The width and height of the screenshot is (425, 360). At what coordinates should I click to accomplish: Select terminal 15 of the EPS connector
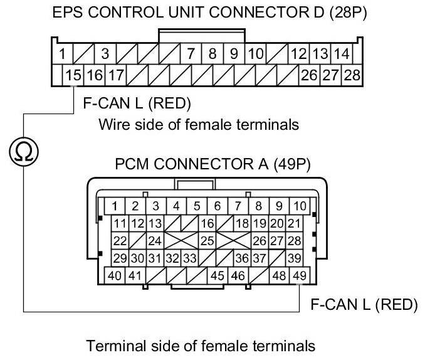coord(73,76)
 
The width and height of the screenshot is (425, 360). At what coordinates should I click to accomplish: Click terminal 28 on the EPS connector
coord(352,76)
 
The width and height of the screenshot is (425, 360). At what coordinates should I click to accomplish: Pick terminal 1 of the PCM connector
coord(115,205)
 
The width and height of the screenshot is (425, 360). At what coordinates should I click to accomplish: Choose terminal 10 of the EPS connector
coord(255,54)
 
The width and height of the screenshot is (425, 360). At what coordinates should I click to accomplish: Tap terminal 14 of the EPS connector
coord(342,54)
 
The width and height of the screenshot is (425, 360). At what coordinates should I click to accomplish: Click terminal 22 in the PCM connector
coord(119,240)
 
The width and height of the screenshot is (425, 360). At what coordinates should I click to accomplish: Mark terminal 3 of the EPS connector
coord(105,54)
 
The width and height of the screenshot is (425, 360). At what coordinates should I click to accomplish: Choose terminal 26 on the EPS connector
coord(309,76)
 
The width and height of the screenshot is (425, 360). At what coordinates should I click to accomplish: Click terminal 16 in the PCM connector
coord(207,223)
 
